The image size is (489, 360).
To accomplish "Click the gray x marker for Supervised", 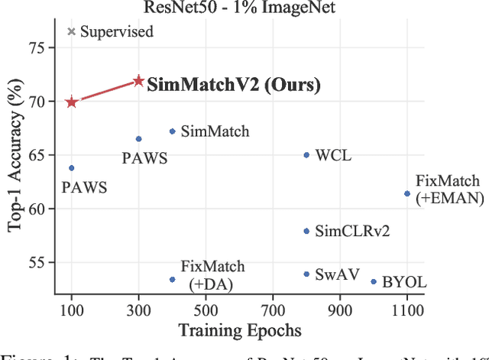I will [72, 31].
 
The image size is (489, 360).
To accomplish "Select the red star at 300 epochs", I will [138, 81].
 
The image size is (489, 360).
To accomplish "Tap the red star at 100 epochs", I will [72, 102].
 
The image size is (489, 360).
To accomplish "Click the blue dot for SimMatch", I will [172, 131].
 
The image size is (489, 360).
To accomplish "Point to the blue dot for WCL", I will [306, 155].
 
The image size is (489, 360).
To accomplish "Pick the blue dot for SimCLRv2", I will [306, 231].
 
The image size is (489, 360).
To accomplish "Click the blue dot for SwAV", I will [306, 274].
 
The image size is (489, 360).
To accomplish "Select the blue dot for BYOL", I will [374, 281].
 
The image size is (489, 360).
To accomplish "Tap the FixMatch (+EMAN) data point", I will [407, 193].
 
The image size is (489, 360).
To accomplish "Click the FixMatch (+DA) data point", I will [172, 279].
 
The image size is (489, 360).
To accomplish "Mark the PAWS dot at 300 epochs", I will [138, 139].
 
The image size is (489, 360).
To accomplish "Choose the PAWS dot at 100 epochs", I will [72, 168].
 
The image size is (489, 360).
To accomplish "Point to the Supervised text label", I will [117, 32].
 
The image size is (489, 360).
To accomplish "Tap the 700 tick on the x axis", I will [273, 311].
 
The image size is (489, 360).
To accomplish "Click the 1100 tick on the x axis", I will [406, 311].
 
